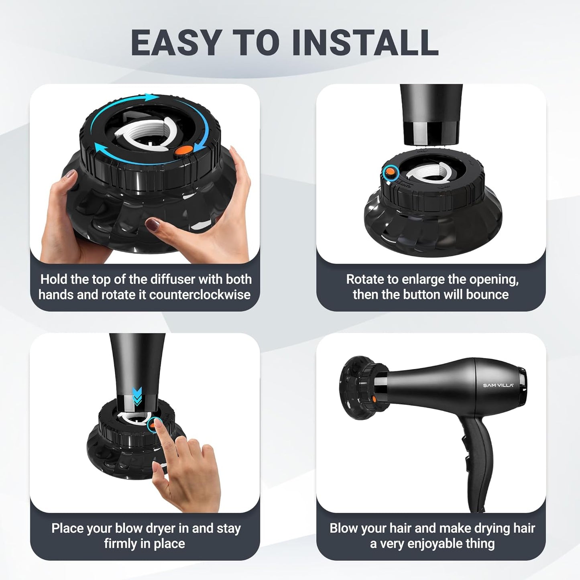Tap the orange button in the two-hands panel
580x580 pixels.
coord(184,151)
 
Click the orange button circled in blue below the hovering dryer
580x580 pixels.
coord(389,173)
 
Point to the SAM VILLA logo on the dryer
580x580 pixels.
coord(498,385)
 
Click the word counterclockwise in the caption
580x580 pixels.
coord(200,295)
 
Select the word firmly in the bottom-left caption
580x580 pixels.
coord(120,544)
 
